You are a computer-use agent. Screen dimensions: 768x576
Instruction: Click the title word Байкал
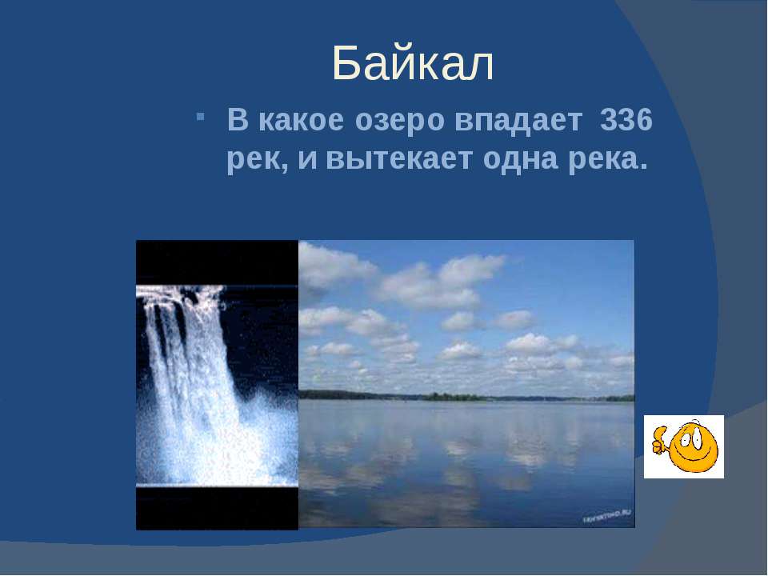pos(413,64)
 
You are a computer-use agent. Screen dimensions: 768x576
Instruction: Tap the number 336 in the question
pos(626,120)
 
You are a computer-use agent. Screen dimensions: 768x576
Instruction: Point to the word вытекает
pos(398,158)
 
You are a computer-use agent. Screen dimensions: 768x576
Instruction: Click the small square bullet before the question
pos(200,117)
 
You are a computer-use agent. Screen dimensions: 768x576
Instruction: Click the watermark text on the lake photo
pos(606,516)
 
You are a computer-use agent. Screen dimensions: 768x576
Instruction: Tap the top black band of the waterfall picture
pos(217,262)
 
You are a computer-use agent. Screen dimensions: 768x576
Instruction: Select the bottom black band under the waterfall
pos(217,509)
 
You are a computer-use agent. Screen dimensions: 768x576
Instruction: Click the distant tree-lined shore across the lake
pos(466,396)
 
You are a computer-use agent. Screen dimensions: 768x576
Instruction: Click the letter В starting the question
pos(238,121)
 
